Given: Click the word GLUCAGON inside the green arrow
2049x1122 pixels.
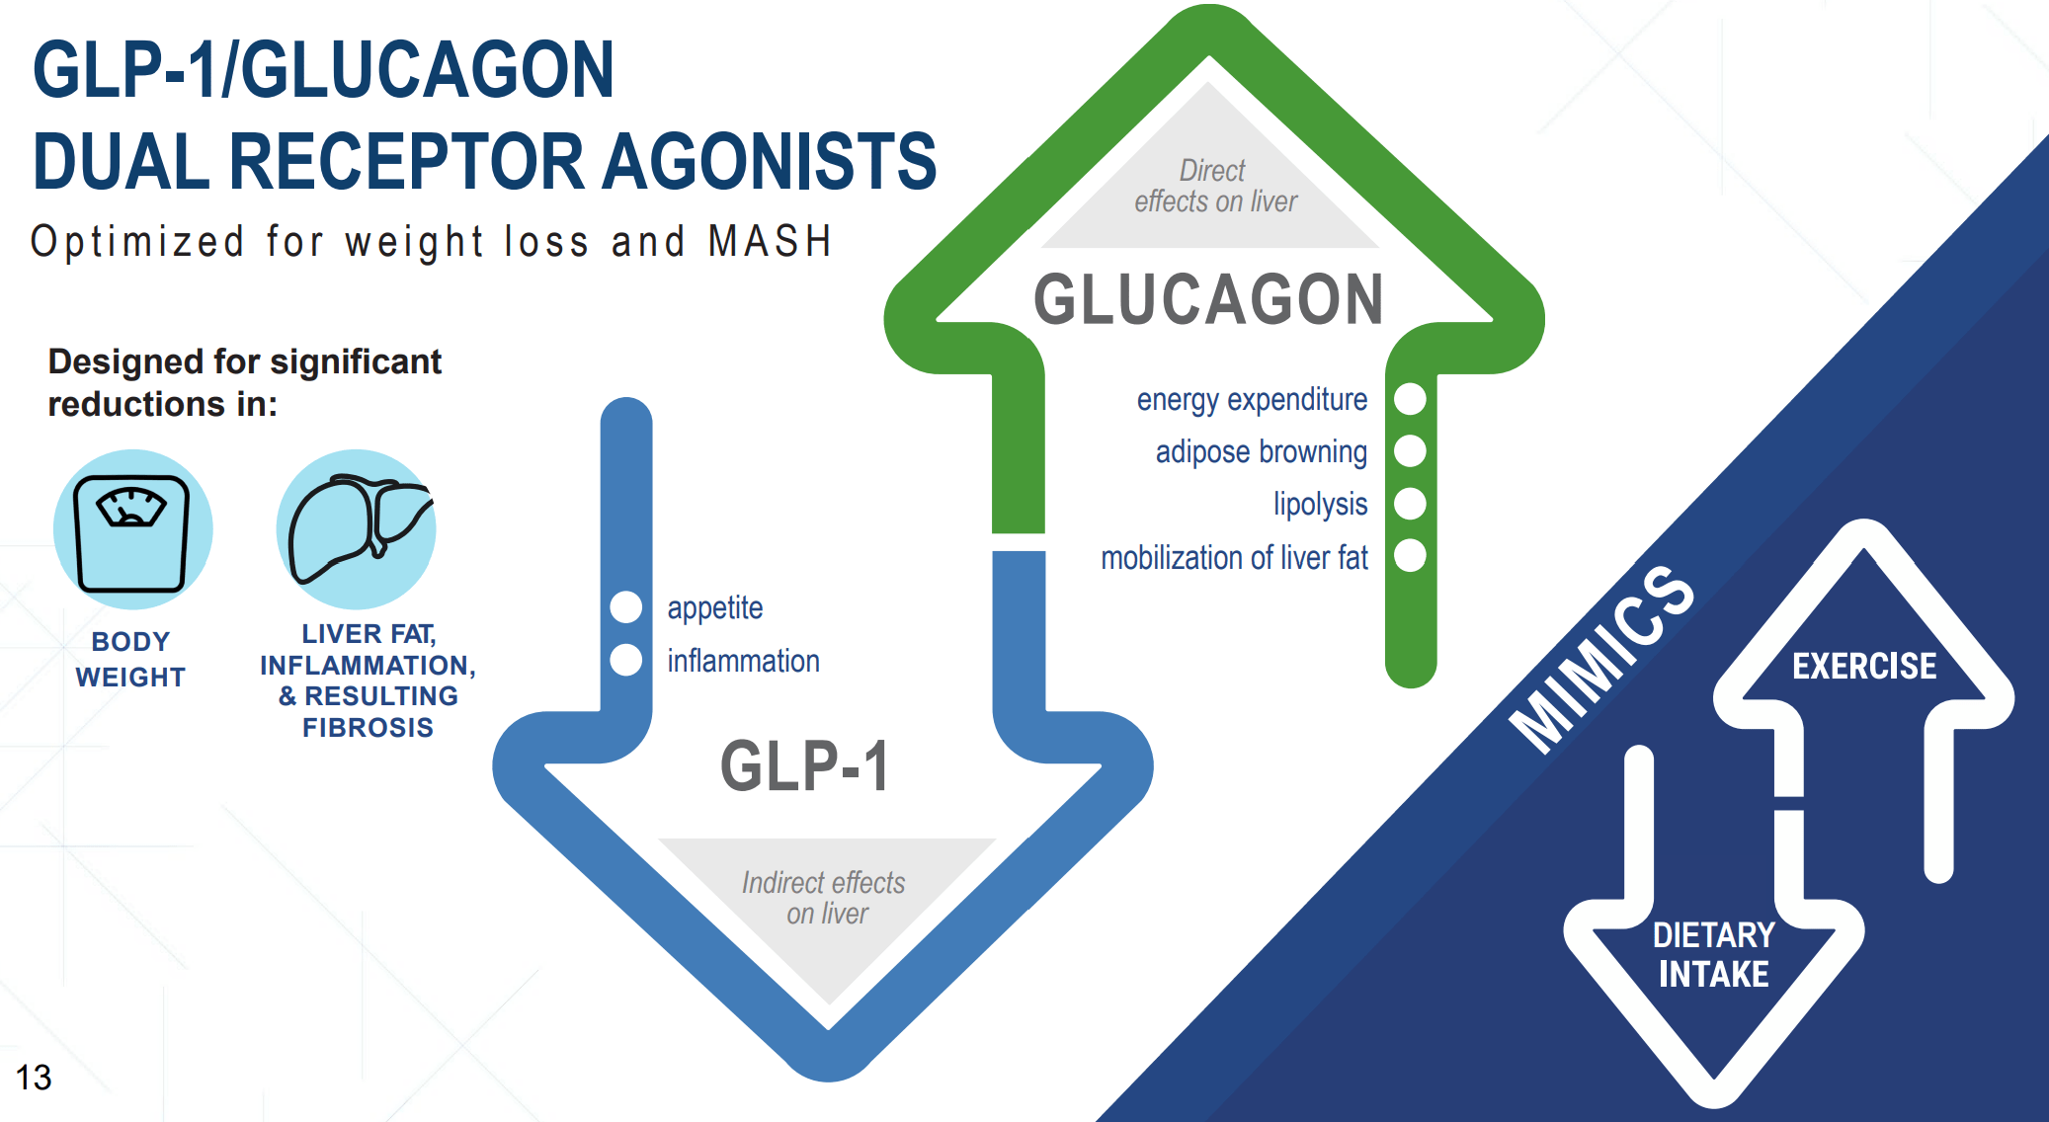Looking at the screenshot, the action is pyautogui.click(x=1208, y=299).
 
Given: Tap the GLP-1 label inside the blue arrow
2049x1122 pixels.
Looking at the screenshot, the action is pyautogui.click(x=804, y=765).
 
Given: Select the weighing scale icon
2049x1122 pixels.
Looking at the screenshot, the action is pyautogui.click(x=132, y=530).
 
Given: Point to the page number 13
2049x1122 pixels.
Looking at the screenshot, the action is pyautogui.click(x=33, y=1077).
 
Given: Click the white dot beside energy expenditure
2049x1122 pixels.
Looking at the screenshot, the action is pyautogui.click(x=1410, y=399).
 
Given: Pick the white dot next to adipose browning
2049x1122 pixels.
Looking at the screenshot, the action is pyautogui.click(x=1410, y=451).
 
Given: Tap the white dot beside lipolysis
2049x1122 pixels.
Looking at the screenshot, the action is pyautogui.click(x=1410, y=504).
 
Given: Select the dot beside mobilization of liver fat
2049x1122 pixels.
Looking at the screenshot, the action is pyautogui.click(x=1410, y=556).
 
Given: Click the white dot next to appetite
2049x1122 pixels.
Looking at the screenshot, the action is pyautogui.click(x=626, y=606).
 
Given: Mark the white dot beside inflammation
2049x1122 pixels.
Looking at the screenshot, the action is pyautogui.click(x=626, y=660).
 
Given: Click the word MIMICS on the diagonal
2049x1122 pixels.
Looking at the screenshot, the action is pyautogui.click(x=1601, y=659).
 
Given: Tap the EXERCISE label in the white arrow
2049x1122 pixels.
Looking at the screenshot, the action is pyautogui.click(x=1864, y=667).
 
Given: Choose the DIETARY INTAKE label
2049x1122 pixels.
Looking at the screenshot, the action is pyautogui.click(x=1714, y=954).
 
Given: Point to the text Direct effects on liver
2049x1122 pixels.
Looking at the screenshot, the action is pyautogui.click(x=1215, y=186).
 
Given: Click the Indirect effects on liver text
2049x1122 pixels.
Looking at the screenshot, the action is pyautogui.click(x=824, y=898).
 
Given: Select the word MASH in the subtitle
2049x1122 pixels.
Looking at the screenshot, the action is pyautogui.click(x=771, y=242).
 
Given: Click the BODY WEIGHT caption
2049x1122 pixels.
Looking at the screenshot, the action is pyautogui.click(x=130, y=659).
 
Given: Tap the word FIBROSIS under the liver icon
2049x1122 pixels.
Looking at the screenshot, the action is pyautogui.click(x=368, y=728).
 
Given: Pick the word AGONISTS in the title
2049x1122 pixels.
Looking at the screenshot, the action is pyautogui.click(x=770, y=161).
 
